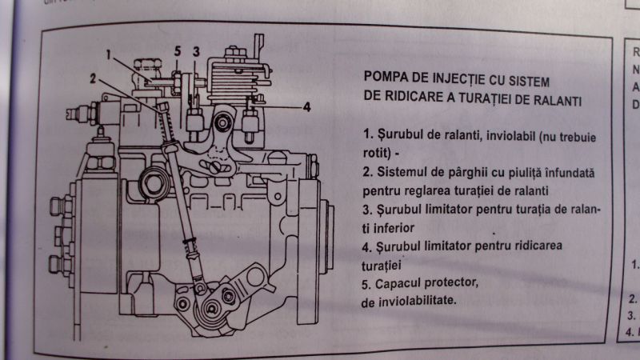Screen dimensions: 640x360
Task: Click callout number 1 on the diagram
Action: point(108,54)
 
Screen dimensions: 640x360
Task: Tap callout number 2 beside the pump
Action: point(93,78)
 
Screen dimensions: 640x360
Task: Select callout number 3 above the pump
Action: point(196,52)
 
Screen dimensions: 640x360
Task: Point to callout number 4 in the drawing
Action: point(306,107)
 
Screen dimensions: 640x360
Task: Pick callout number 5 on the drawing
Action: point(178,51)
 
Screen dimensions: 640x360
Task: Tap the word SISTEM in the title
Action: point(529,81)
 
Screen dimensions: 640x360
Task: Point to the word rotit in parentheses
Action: point(374,152)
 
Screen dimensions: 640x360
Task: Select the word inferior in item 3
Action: point(394,227)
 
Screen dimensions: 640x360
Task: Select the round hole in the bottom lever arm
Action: point(255,278)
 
